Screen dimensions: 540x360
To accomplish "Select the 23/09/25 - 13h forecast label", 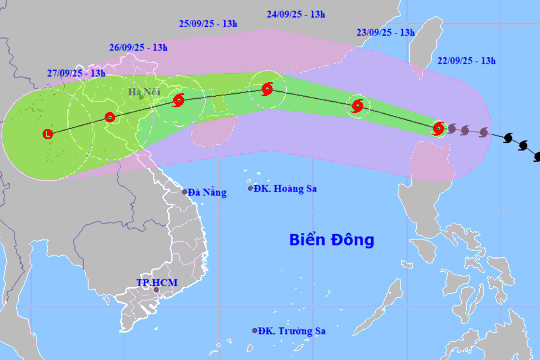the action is click(385, 32).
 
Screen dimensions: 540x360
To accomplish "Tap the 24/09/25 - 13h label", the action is click(297, 14).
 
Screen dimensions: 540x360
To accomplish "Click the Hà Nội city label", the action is click(143, 93).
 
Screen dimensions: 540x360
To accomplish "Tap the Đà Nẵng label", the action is click(208, 191).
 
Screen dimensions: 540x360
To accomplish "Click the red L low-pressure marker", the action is click(48, 134).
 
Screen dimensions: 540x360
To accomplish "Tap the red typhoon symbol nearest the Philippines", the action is click(438, 127).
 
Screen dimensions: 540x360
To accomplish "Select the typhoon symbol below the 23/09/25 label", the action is click(357, 107).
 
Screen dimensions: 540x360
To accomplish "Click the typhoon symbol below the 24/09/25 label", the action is click(266, 90).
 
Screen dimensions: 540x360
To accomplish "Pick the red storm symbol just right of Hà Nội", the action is click(178, 100).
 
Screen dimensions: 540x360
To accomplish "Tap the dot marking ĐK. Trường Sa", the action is click(255, 329).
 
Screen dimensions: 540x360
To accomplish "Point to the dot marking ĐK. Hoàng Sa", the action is click(251, 187).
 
